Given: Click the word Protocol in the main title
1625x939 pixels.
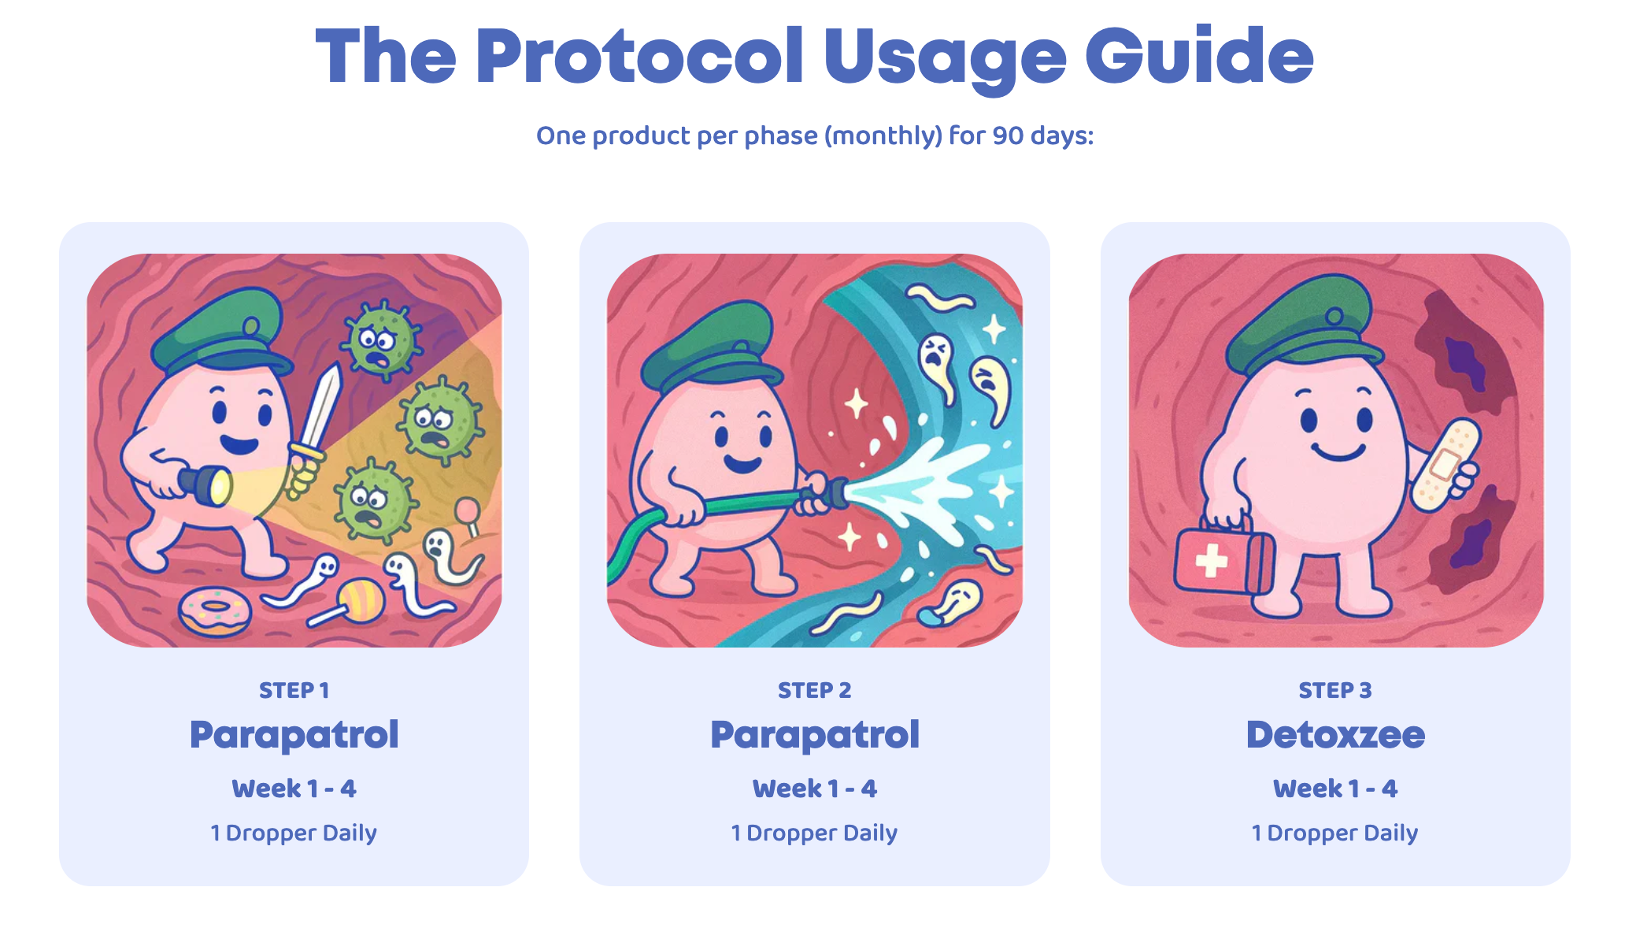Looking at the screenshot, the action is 639,56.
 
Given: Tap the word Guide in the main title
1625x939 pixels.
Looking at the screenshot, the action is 1199,56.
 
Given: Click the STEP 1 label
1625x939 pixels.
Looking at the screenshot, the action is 294,691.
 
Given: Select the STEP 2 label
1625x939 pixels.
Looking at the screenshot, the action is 815,691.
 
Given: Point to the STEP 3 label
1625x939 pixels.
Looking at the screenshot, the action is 1335,691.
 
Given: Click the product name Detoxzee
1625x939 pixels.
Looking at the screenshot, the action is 1335,735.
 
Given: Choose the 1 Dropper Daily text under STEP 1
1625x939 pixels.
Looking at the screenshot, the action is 294,833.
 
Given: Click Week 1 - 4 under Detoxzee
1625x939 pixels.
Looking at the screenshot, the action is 1335,789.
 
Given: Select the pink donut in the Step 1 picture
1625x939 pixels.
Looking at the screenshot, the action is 215,612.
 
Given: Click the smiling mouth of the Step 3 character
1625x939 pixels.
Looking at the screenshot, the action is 1338,452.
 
